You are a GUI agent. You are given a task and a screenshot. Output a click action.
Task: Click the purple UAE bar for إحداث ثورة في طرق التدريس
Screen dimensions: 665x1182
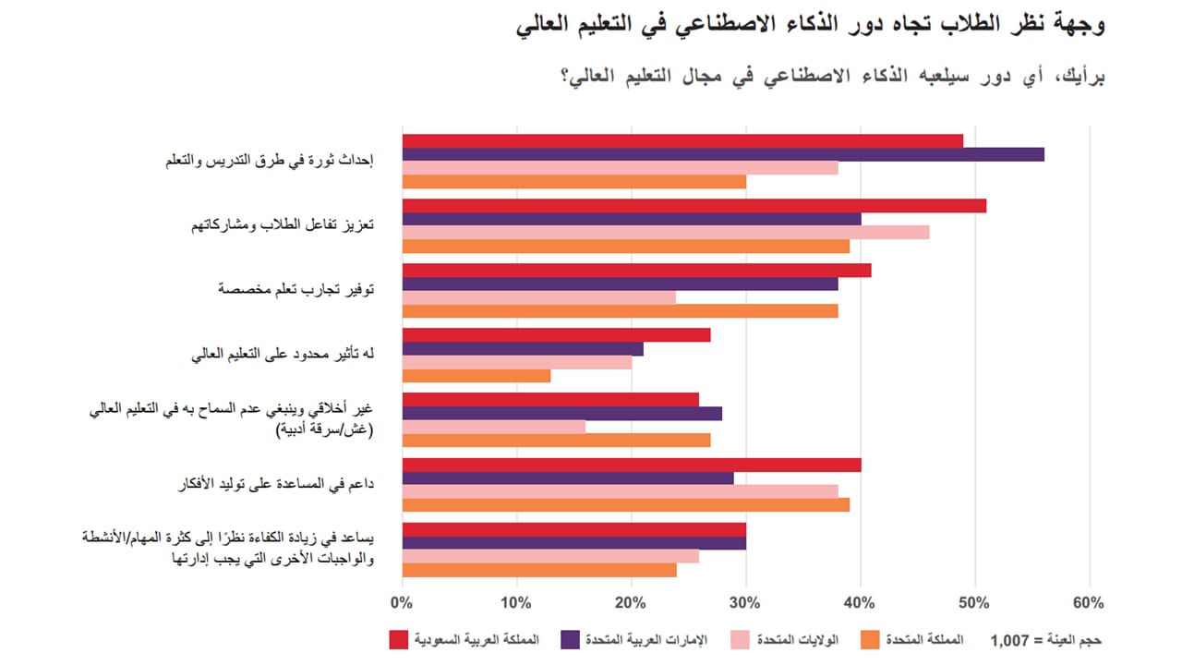(723, 154)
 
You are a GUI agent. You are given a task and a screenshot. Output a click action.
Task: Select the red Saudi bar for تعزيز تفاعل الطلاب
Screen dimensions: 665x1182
(694, 206)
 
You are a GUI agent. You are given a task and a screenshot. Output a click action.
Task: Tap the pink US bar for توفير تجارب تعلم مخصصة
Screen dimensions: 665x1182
(539, 297)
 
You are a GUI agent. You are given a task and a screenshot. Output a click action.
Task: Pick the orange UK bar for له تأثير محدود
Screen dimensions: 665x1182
(476, 376)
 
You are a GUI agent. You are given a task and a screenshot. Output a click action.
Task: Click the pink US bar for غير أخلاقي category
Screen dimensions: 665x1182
(494, 427)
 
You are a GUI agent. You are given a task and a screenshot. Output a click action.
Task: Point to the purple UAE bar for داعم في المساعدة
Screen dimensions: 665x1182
(568, 478)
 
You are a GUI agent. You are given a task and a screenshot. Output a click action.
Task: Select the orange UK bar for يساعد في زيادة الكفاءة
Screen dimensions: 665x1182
(539, 570)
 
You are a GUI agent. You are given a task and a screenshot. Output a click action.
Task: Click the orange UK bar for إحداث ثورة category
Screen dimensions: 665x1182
(573, 182)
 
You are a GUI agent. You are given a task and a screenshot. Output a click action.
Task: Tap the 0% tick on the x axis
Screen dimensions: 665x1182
(402, 604)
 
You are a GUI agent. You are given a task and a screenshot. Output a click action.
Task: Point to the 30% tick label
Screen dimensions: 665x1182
(745, 604)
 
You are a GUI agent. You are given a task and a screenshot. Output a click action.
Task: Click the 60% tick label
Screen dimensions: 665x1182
(1089, 604)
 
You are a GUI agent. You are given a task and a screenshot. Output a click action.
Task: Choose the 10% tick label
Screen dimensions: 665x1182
(516, 604)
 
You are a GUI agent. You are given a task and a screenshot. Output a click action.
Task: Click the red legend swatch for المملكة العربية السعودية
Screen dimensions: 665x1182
(398, 639)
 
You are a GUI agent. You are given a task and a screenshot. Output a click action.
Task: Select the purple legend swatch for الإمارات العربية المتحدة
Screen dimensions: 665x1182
(570, 639)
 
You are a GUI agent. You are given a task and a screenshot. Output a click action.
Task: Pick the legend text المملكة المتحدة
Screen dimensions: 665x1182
(923, 639)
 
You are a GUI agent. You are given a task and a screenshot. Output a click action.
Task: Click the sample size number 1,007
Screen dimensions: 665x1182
(1010, 640)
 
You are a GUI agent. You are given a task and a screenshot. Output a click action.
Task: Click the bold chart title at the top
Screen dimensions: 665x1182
(810, 25)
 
